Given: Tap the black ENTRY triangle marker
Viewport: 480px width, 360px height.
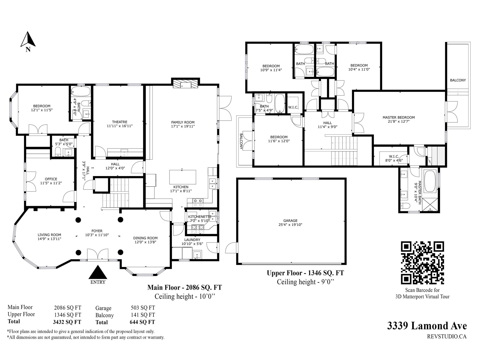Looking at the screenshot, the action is click(97, 272).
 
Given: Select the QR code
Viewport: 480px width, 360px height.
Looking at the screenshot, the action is click(422, 263).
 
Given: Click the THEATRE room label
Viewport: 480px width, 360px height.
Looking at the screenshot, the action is click(120, 122).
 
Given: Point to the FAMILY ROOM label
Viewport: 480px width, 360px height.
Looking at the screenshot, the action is click(183, 122).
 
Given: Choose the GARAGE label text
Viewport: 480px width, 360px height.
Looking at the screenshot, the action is click(290, 221).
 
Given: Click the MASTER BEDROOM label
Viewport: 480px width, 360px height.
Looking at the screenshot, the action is click(399, 117).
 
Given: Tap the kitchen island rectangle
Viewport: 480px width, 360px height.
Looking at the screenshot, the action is click(183, 177).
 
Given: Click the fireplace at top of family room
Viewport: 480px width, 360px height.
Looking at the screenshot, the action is click(185, 83).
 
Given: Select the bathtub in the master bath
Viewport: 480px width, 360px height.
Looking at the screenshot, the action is click(430, 181).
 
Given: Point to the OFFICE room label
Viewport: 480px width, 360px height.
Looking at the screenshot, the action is click(51, 179).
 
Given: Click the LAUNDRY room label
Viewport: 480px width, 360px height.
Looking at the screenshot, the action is click(192, 240).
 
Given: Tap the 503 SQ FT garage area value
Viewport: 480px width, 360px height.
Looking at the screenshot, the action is click(143, 308).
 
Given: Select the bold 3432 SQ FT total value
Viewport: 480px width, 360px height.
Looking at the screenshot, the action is click(67, 322).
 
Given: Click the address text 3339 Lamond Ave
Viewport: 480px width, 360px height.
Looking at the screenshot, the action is click(427, 326).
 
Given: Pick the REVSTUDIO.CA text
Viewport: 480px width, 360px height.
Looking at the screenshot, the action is click(447, 337).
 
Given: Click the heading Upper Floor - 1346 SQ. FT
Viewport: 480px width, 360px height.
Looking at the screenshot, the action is click(305, 273).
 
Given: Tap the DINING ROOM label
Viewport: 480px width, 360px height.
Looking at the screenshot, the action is click(145, 238).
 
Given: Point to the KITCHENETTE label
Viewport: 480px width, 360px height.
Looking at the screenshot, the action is click(200, 217).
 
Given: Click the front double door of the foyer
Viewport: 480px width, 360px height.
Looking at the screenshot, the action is click(97, 254).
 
